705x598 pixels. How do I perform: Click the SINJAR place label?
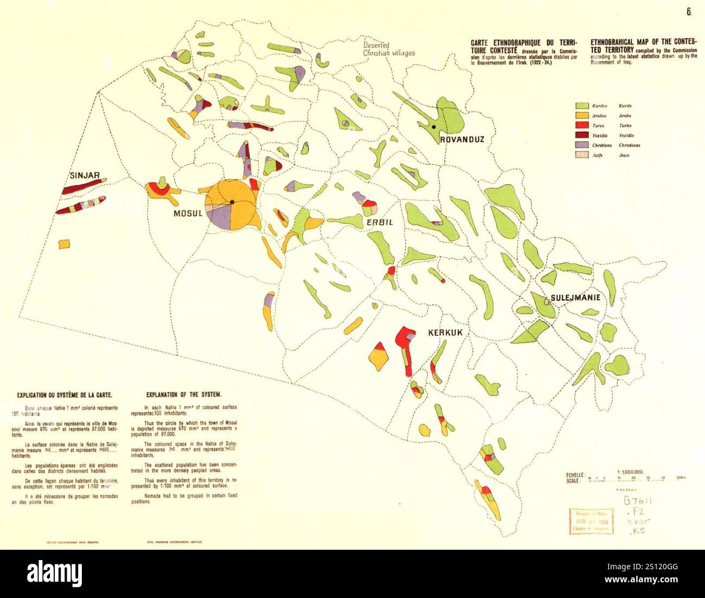point(85,176)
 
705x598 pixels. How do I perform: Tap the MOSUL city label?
point(188,213)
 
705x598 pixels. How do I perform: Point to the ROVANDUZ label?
point(462,139)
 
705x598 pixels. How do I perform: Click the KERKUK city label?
point(445,332)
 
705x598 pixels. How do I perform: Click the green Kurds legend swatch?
point(582,106)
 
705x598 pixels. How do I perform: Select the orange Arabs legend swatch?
point(582,116)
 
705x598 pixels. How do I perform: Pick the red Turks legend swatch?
point(582,126)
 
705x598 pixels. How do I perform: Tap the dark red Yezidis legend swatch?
point(582,136)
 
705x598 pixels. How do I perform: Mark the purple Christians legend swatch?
point(582,145)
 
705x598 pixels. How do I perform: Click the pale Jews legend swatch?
point(582,155)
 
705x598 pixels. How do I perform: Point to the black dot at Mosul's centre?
point(232,202)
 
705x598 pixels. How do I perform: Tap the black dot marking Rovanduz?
point(434,127)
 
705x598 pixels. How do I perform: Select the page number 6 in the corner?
point(689,12)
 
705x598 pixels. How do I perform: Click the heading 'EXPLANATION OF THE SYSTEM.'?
point(184,395)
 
